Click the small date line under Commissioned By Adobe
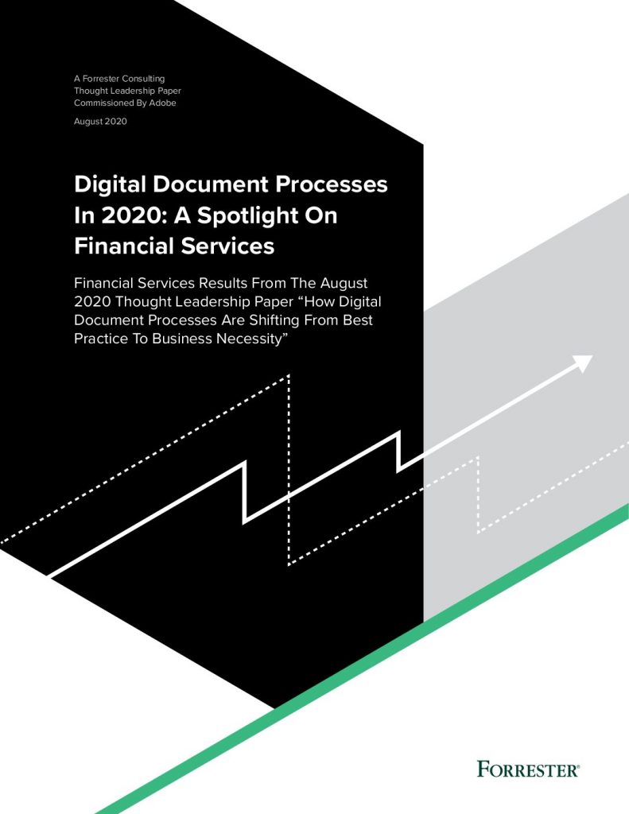tap(100, 122)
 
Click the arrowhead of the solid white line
tap(584, 363)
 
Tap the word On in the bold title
tap(322, 215)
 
